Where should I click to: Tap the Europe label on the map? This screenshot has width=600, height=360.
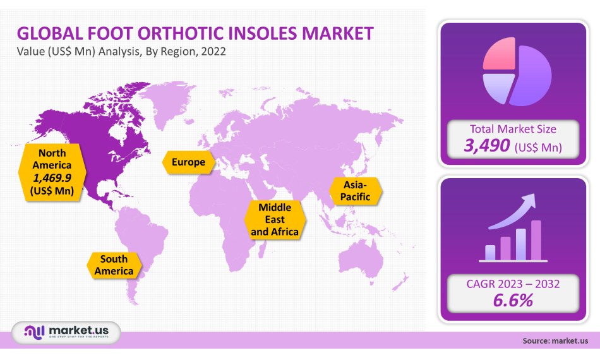[188, 162]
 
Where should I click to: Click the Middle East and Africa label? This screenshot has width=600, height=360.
[275, 220]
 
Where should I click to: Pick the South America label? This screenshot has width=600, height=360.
[114, 265]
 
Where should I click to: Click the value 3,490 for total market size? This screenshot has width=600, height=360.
[486, 147]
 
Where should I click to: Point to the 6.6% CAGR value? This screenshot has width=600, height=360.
[513, 299]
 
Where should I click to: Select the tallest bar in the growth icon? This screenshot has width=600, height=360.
[536, 241]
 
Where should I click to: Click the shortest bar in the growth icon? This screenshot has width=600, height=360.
[490, 253]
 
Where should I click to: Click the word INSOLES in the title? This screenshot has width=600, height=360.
[246, 33]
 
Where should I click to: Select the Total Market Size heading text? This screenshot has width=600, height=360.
[513, 129]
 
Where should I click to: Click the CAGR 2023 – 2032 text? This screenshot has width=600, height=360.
[513, 284]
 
